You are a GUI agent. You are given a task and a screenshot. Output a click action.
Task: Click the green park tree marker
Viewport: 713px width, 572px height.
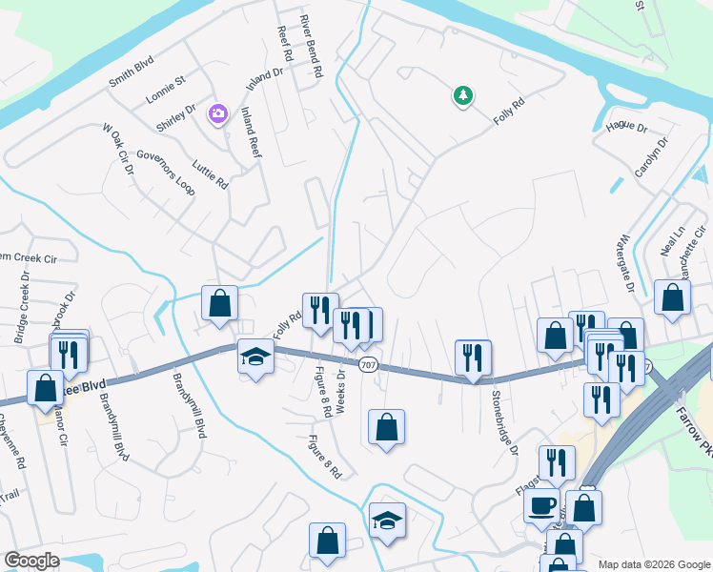(x=462, y=95)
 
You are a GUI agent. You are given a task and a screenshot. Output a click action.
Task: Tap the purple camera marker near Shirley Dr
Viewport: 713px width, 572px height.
(x=218, y=114)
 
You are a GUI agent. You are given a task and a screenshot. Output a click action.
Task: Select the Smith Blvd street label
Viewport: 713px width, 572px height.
(x=132, y=71)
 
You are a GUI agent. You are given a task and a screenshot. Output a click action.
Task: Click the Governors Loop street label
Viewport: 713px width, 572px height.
(x=166, y=173)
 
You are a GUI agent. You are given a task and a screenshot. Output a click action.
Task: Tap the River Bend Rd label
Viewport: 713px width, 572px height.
(x=313, y=46)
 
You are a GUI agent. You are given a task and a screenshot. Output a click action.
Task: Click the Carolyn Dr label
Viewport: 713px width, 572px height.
(x=652, y=157)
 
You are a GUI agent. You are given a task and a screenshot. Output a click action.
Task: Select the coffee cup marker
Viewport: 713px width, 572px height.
(x=542, y=505)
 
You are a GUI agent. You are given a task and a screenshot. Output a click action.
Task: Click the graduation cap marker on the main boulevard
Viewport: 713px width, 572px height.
(x=255, y=356)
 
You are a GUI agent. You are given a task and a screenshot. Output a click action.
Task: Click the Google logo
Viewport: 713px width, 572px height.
(x=32, y=561)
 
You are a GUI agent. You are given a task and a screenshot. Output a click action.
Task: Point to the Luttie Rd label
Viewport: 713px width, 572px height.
(x=211, y=174)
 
